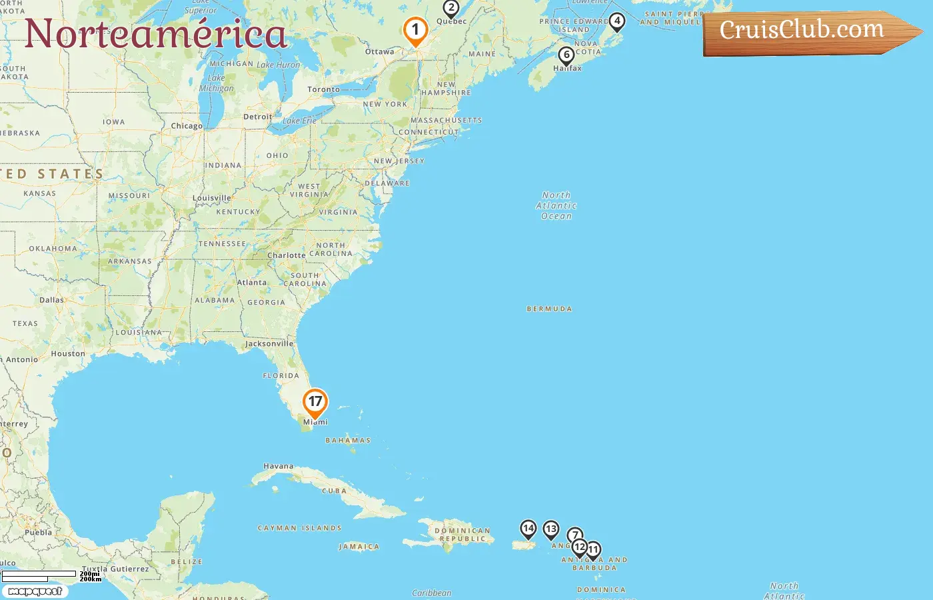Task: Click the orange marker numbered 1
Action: tap(415, 30)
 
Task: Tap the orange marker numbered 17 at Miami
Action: tap(315, 402)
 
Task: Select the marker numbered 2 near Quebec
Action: tap(451, 9)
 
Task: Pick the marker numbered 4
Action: tap(617, 21)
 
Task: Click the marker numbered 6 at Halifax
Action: tap(566, 55)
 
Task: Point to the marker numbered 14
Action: tap(528, 529)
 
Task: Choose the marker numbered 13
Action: tap(550, 529)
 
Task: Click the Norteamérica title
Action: tap(156, 33)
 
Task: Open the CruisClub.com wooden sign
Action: tap(806, 31)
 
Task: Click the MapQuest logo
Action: tap(35, 591)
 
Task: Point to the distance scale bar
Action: tap(40, 575)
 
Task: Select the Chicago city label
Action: tap(187, 126)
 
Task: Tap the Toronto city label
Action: tap(323, 89)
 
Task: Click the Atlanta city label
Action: tap(252, 283)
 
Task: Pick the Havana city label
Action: tap(278, 467)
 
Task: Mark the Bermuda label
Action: tap(549, 309)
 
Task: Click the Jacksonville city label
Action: tap(269, 344)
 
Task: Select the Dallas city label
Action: tap(51, 300)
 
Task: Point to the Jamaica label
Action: tap(359, 547)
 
